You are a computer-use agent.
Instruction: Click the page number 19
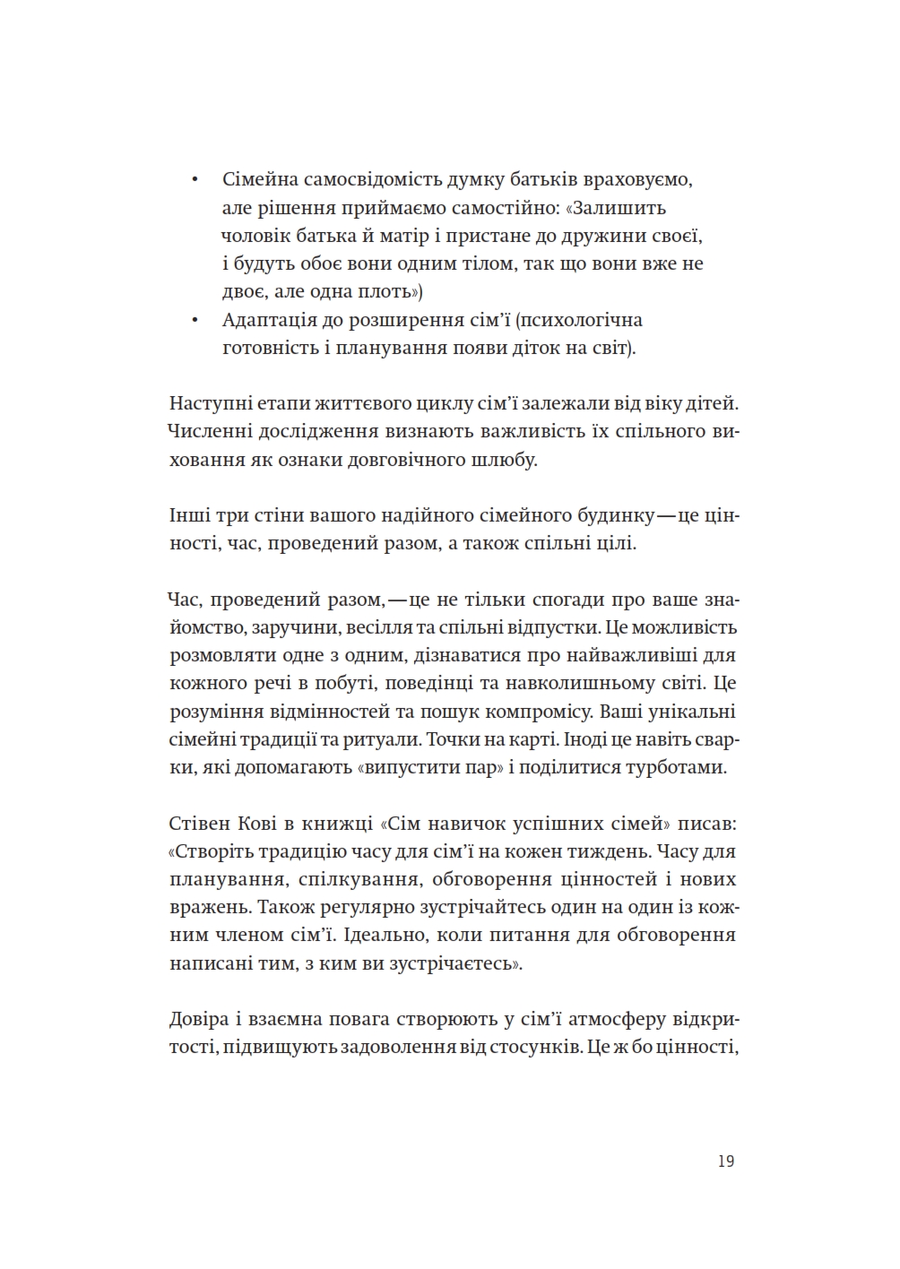click(x=726, y=1161)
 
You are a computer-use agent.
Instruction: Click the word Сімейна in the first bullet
click(x=259, y=179)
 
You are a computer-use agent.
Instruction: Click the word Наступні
click(x=207, y=403)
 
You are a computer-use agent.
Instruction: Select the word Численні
click(x=209, y=432)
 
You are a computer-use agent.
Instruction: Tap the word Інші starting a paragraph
click(x=190, y=516)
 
